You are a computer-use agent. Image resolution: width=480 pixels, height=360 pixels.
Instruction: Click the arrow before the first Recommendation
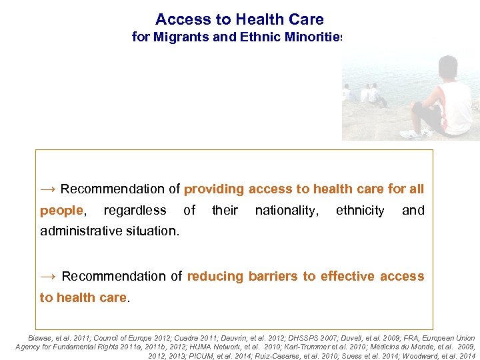[x=48, y=189]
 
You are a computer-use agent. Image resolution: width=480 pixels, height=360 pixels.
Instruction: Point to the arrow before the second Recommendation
[x=48, y=276]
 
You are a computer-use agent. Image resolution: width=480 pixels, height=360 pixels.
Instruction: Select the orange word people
[x=61, y=211]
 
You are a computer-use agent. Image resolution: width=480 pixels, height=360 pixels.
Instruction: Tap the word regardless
[x=135, y=211]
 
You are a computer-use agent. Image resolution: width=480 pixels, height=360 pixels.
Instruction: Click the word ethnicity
[x=360, y=211]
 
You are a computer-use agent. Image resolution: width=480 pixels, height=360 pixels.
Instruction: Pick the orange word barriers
[x=273, y=276]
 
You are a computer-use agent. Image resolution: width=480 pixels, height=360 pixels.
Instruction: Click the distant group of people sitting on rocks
[x=365, y=95]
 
